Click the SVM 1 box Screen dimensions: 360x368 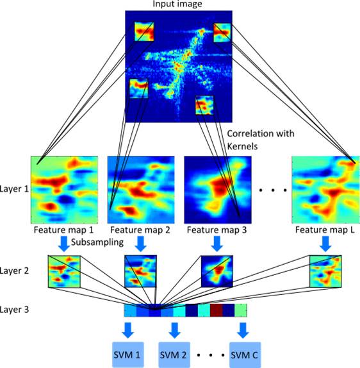pos(128,355)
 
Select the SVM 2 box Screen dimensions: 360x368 pos(174,355)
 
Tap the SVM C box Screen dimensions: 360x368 pos(245,355)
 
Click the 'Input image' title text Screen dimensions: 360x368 pos(177,4)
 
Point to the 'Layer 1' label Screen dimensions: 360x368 pos(14,189)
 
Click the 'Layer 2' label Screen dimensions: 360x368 pos(14,271)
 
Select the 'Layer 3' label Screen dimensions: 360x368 pos(14,309)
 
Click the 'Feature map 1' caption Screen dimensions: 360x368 pos(63,230)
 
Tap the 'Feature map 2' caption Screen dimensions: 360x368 pos(140,230)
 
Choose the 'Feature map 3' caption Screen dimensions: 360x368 pos(217,230)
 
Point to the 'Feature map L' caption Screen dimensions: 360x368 pos(325,230)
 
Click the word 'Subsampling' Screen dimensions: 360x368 pos(97,242)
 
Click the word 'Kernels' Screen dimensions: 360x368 pos(242,146)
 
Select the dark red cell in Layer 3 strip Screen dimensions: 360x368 pos(216,310)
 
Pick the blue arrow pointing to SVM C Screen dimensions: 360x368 pos(243,330)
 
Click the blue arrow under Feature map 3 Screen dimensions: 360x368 pos(217,244)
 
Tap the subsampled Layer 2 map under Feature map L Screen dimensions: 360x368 pos(325,271)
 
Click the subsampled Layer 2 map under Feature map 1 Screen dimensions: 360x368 pos(64,271)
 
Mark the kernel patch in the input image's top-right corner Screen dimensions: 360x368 pos(222,33)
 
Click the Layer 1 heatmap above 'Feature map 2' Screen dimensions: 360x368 pos(141,190)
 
